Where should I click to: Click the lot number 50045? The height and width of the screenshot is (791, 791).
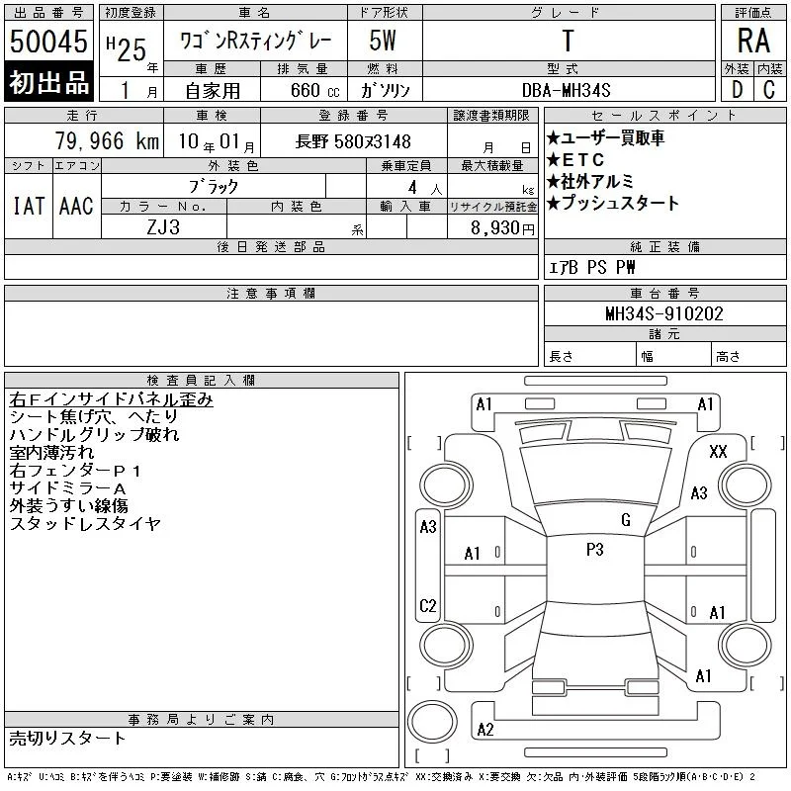tap(48, 42)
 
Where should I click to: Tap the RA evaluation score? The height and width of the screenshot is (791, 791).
tap(753, 41)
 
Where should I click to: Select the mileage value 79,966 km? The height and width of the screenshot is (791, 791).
tap(107, 140)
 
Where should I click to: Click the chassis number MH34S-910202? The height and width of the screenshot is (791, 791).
tap(664, 313)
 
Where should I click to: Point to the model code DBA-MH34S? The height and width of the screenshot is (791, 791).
tap(566, 90)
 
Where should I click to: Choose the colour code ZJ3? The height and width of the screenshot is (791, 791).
tap(163, 227)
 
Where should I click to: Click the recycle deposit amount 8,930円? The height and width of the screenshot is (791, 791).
tap(502, 228)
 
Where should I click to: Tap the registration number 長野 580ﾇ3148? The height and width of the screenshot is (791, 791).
tap(353, 141)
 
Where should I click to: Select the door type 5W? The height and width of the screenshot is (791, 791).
tap(383, 41)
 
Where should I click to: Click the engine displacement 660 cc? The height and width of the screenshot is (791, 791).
tap(314, 90)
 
